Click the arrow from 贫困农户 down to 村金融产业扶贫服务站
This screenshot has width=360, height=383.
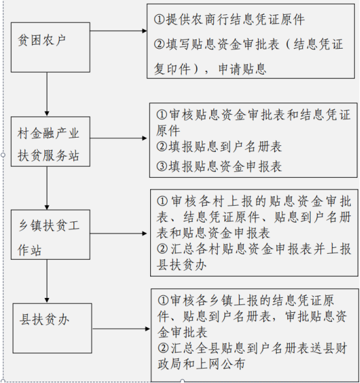(x=47, y=94)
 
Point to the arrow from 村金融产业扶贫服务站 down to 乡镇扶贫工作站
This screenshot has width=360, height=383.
(x=47, y=188)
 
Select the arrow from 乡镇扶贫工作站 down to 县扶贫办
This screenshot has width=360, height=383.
(x=47, y=281)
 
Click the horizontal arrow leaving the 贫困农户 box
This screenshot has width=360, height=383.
(x=118, y=31)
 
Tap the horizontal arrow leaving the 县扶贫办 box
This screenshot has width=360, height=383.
(x=122, y=328)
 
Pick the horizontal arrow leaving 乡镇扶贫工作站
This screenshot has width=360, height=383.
(x=118, y=234)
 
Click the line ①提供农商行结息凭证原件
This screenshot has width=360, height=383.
(x=229, y=19)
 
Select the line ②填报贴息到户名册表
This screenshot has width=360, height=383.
(x=219, y=147)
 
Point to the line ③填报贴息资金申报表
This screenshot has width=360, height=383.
(x=219, y=166)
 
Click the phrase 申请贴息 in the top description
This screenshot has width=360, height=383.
(x=242, y=69)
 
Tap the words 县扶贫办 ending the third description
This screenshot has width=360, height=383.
(x=181, y=265)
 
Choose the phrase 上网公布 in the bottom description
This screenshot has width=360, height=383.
(x=220, y=364)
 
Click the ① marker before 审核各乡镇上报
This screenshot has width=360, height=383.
(x=163, y=300)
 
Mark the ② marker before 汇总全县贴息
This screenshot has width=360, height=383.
(x=163, y=348)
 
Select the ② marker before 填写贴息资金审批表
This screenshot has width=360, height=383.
(x=160, y=44)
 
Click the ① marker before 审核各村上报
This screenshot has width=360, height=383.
(x=162, y=201)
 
